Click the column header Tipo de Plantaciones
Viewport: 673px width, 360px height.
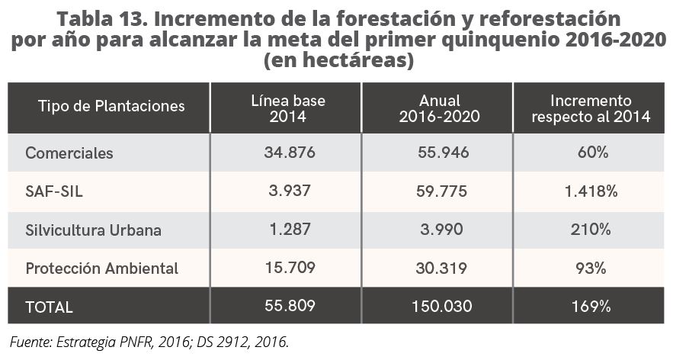point(111,106)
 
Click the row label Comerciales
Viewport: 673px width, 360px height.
point(69,153)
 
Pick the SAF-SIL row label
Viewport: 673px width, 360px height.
point(53,191)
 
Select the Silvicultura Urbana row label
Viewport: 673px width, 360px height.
point(93,230)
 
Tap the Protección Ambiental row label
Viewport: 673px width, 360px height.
point(101,268)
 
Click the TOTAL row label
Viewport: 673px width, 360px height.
point(49,307)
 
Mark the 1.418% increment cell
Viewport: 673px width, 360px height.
point(591,191)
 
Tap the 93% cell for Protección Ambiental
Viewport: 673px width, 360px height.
point(591,268)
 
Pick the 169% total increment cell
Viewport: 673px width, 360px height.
point(591,307)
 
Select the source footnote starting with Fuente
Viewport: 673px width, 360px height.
point(149,341)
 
